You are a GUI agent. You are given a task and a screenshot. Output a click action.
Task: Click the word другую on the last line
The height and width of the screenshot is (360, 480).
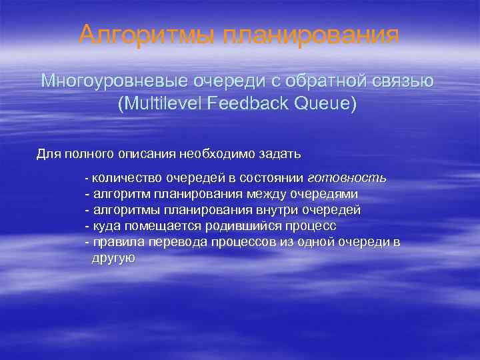[x=113, y=258]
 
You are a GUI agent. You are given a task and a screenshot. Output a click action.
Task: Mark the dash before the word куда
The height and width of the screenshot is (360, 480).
[x=87, y=226]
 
